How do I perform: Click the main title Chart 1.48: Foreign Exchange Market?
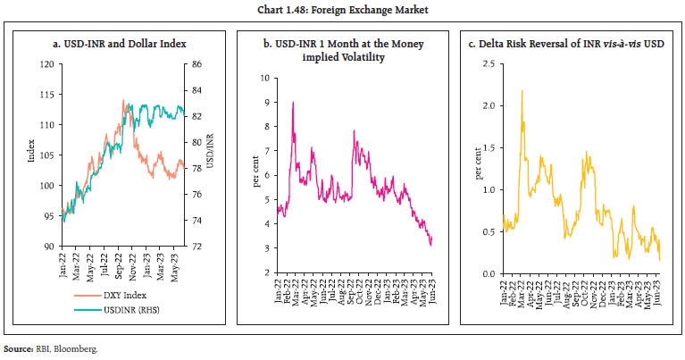(342, 10)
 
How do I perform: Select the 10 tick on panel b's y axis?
(264, 78)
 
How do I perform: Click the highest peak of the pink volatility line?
(293, 102)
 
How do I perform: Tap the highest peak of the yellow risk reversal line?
(522, 91)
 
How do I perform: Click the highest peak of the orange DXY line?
(124, 100)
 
